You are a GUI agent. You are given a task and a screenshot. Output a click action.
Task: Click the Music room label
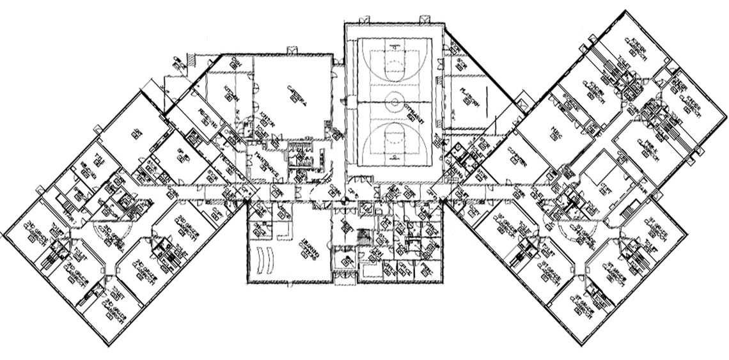pos(554,132)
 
